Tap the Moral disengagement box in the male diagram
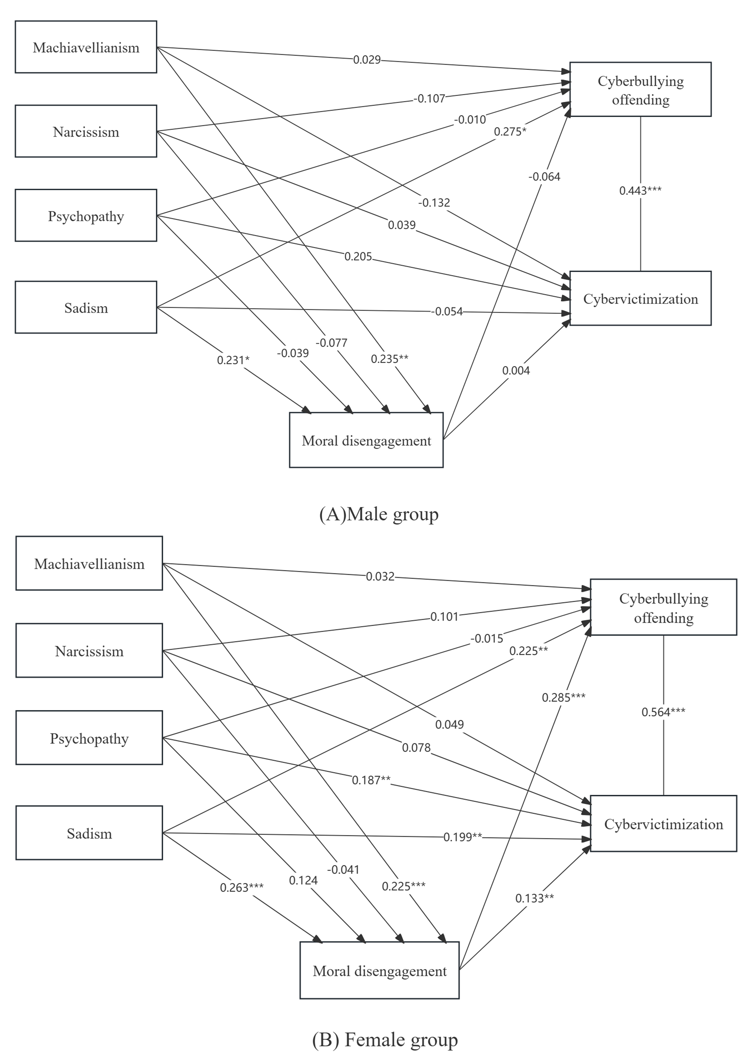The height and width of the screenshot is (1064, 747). tap(366, 440)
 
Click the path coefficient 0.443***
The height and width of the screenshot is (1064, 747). tap(640, 190)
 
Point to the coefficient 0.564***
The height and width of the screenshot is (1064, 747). tap(663, 712)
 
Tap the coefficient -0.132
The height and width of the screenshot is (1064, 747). tap(434, 203)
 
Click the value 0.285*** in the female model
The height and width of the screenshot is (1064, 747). tap(563, 697)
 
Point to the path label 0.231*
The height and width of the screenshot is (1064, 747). tap(233, 360)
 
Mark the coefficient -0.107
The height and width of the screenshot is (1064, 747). tap(429, 98)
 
